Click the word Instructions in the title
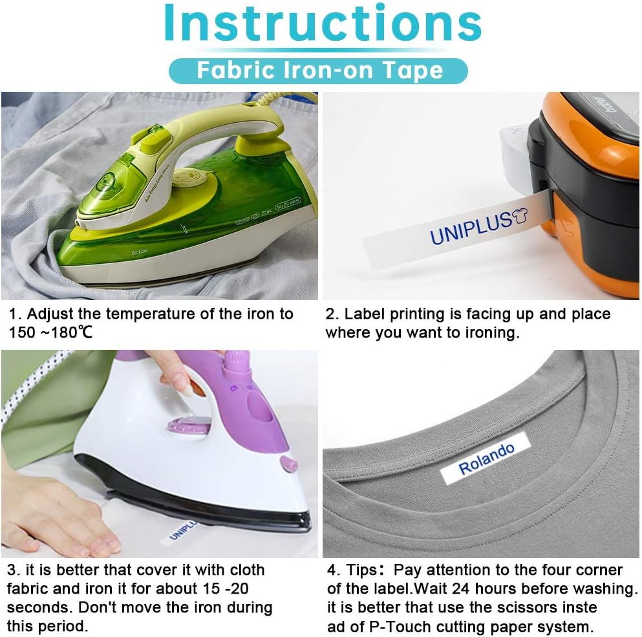323,23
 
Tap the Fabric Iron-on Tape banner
318,70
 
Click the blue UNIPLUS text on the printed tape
471,228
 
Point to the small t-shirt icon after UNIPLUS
520,215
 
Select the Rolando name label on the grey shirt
486,459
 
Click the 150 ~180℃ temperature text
51,332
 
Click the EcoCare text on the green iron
140,252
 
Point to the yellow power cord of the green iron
279,101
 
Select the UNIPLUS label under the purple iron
180,532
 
